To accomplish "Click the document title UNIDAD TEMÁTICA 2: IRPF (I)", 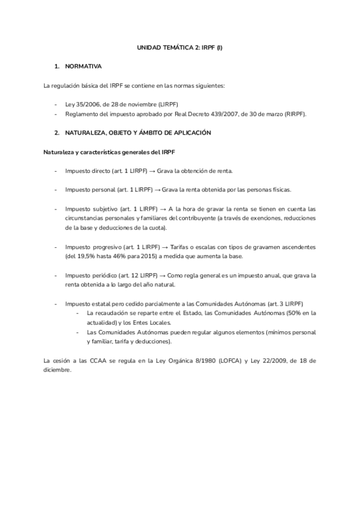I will (x=180, y=47).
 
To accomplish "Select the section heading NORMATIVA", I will (x=83, y=65).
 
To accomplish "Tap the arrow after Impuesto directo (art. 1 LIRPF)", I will (x=151, y=171).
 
